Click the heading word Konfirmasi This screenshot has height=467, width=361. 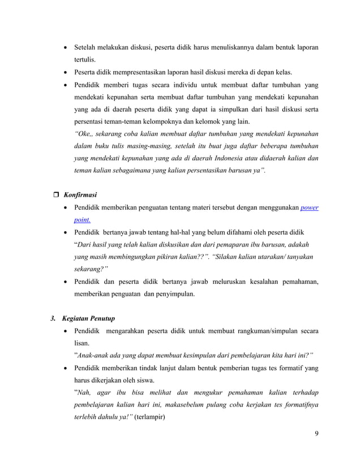click(80, 194)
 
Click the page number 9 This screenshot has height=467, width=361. click(316, 434)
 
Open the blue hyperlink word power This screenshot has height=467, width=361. click(309, 207)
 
